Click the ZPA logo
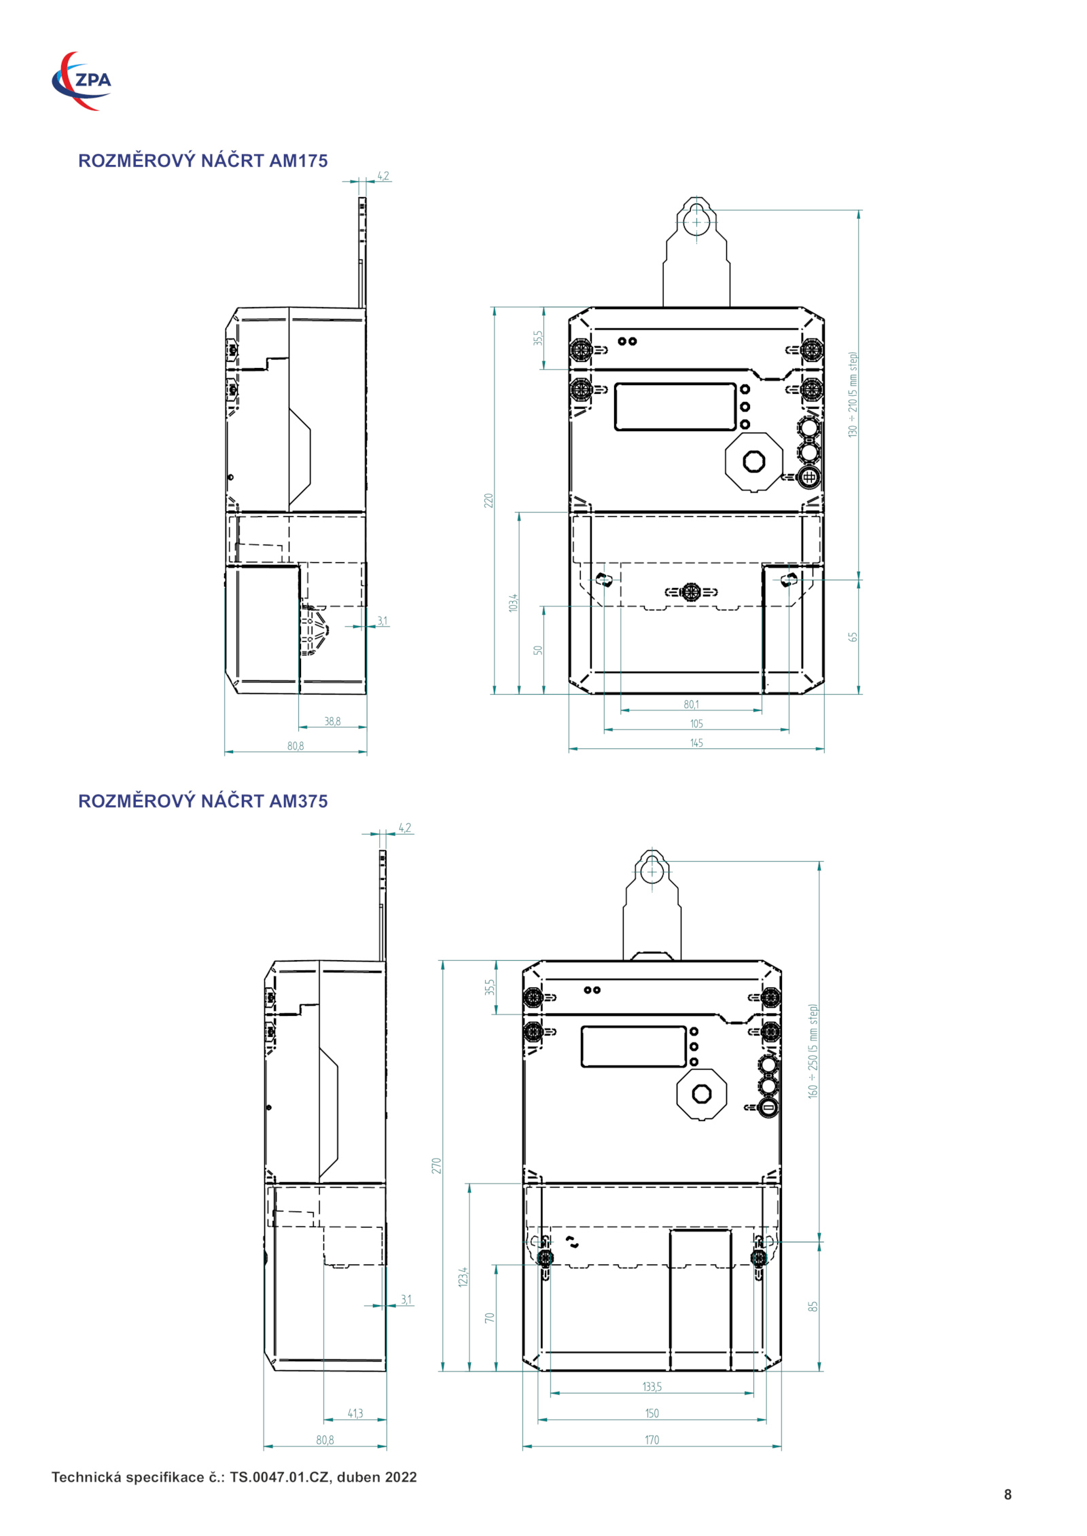pos(82,81)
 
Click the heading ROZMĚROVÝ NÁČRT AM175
pos(202,161)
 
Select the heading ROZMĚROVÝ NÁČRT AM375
pos(202,801)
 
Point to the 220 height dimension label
pos(488,500)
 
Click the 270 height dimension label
pos(436,1166)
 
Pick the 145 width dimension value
pos(696,743)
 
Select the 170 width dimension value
pos(652,1440)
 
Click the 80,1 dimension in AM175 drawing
pos(691,704)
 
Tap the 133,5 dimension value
pos(652,1387)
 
